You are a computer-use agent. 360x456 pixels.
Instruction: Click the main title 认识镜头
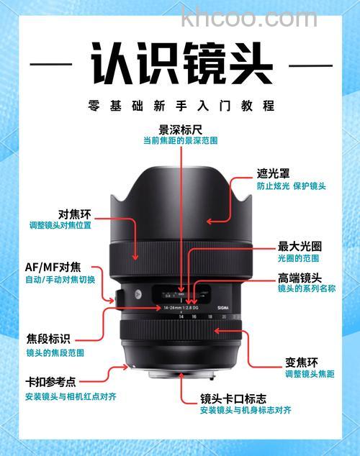tap(181, 64)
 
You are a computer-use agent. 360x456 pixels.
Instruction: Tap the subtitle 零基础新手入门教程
tap(181, 106)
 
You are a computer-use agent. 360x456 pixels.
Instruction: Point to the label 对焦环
tap(74, 214)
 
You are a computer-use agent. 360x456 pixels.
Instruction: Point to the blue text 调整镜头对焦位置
tap(60, 226)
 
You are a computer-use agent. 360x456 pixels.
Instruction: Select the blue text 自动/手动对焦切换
tap(60, 279)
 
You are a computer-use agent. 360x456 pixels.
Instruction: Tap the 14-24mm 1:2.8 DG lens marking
tap(170, 306)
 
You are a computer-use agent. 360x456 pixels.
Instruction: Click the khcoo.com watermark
tap(249, 17)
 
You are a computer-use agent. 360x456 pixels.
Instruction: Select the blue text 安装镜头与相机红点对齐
tap(71, 396)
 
